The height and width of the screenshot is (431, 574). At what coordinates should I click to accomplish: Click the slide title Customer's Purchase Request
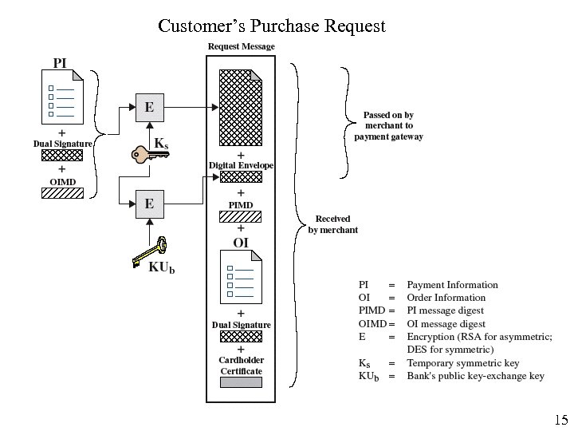point(272,26)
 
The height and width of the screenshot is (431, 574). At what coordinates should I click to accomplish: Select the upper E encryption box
point(148,107)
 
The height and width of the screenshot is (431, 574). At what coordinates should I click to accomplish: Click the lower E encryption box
point(148,204)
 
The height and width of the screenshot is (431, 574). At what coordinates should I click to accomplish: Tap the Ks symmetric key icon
point(149,152)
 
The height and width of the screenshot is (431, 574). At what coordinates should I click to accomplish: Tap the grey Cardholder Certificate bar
point(241,382)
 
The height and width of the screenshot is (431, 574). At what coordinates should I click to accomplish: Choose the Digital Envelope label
point(241,165)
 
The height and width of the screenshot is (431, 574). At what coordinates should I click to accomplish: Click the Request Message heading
point(241,46)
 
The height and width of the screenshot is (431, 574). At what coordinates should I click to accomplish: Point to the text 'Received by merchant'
point(332,224)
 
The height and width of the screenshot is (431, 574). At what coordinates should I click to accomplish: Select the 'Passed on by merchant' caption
point(388,126)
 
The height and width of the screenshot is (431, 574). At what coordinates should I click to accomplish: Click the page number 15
point(560,420)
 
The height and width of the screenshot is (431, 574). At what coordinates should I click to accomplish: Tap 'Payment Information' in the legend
point(452,285)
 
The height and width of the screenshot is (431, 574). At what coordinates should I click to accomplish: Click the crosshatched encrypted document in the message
point(241,107)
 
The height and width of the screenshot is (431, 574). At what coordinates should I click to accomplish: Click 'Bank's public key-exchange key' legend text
point(475,376)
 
